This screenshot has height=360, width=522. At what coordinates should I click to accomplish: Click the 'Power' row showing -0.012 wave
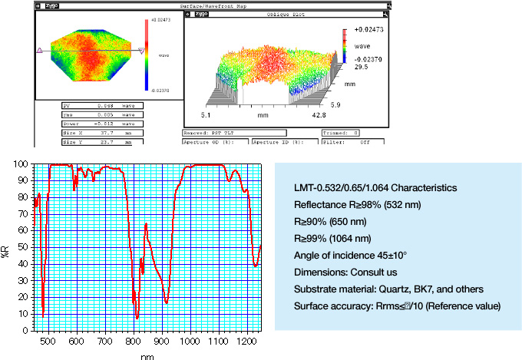tap(100, 123)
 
